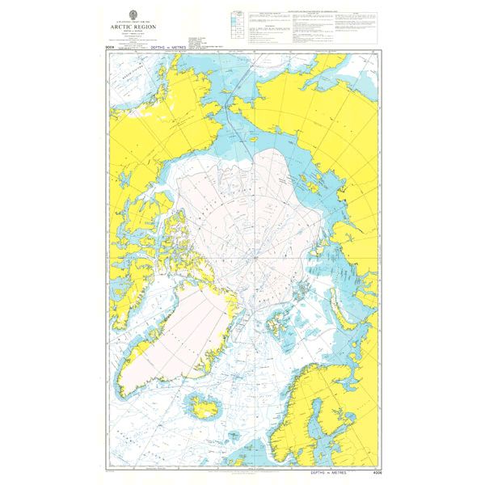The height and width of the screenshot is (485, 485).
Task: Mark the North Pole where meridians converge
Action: click(x=255, y=258)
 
